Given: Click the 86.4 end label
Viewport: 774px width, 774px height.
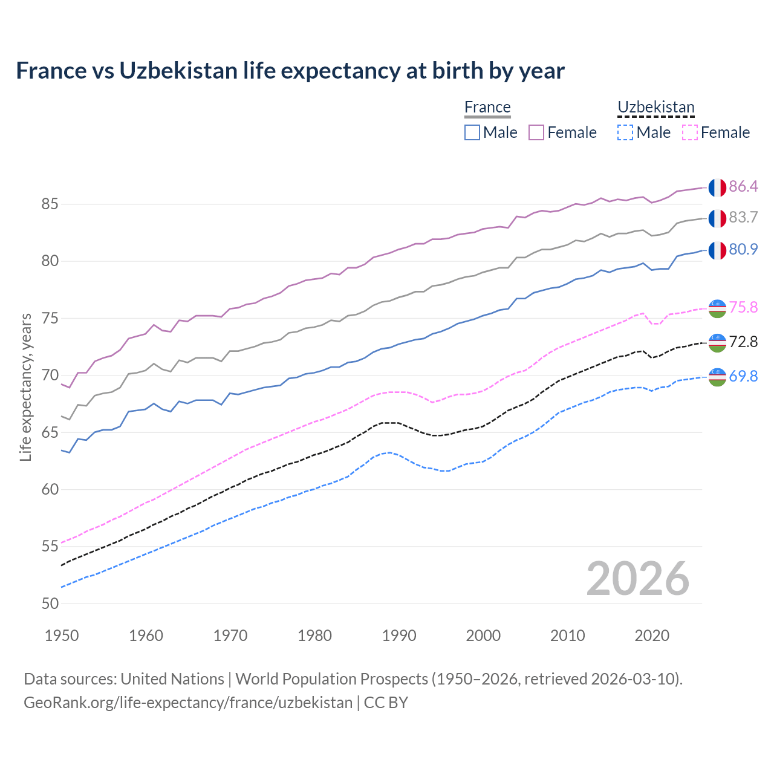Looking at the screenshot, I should pyautogui.click(x=743, y=186).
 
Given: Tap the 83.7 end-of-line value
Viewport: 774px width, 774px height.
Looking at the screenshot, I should pyautogui.click(x=743, y=217).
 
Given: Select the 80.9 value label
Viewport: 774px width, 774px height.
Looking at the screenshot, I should pyautogui.click(x=743, y=249).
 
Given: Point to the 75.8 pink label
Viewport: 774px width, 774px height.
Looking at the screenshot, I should pyautogui.click(x=743, y=307).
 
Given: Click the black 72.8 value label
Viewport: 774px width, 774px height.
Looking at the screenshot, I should pyautogui.click(x=743, y=342).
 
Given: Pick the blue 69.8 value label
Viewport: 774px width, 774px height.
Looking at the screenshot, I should pyautogui.click(x=743, y=376).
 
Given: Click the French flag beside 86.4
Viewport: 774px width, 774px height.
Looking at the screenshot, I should pyautogui.click(x=717, y=187).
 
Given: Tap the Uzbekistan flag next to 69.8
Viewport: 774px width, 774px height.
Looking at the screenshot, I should pyautogui.click(x=717, y=377).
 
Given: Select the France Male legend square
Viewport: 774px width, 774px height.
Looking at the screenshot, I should pyautogui.click(x=472, y=132).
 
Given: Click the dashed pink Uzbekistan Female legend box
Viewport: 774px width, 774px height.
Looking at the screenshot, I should pyautogui.click(x=690, y=132).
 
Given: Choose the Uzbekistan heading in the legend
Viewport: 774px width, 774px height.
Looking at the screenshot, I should pyautogui.click(x=656, y=107).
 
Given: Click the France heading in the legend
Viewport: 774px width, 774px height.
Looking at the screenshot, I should pyautogui.click(x=487, y=107).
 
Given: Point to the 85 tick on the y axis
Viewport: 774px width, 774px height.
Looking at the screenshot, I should pyautogui.click(x=50, y=204).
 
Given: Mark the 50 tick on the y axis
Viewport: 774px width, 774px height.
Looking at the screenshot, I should pyautogui.click(x=50, y=603).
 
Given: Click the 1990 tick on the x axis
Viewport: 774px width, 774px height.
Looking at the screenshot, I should pyautogui.click(x=399, y=636).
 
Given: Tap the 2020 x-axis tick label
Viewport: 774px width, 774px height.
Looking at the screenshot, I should pyautogui.click(x=652, y=636).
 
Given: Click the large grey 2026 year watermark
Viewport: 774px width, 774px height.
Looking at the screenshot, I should pyautogui.click(x=638, y=579).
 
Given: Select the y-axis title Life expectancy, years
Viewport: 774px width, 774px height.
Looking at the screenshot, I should pyautogui.click(x=25, y=387).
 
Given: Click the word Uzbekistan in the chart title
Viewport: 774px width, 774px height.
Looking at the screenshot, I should pyautogui.click(x=178, y=71).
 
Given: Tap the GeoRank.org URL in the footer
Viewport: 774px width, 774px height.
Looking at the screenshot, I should pyautogui.click(x=188, y=703).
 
